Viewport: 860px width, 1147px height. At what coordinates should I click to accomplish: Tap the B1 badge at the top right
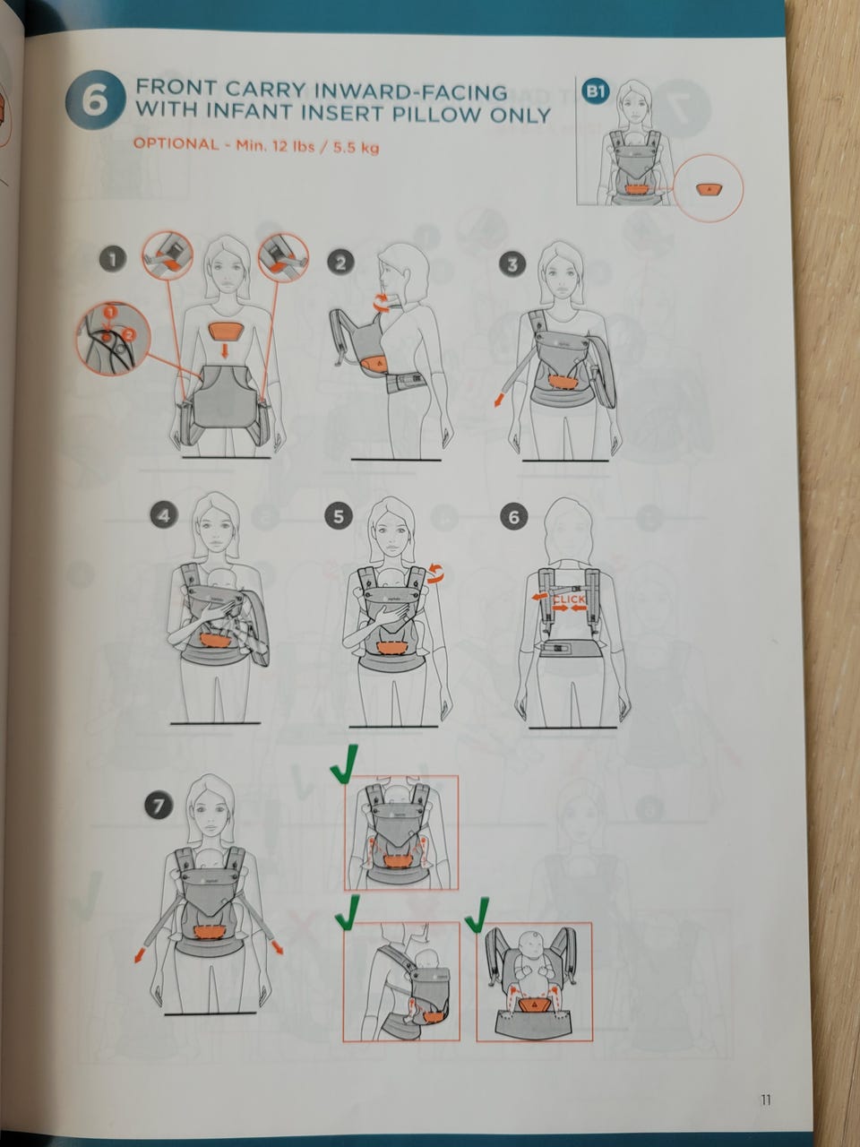click(x=596, y=92)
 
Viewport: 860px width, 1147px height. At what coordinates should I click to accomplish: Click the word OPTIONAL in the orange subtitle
click(x=176, y=143)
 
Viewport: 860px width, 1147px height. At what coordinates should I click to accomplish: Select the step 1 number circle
click(x=113, y=259)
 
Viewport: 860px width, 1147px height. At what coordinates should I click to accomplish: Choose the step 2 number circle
click(x=340, y=262)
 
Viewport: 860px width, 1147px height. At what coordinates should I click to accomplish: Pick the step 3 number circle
click(x=512, y=264)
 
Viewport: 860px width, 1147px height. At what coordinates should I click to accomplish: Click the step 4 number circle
click(x=164, y=516)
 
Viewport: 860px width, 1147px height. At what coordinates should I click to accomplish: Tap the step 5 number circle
click(x=339, y=516)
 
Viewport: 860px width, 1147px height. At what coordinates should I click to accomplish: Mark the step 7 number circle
click(x=159, y=806)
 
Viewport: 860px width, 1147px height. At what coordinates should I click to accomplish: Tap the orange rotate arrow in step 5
click(x=435, y=573)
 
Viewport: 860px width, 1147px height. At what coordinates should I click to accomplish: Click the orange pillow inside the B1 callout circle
click(x=708, y=189)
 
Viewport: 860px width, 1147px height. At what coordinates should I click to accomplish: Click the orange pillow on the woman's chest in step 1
click(x=226, y=330)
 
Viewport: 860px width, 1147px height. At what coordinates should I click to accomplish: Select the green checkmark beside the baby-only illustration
click(x=476, y=914)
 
